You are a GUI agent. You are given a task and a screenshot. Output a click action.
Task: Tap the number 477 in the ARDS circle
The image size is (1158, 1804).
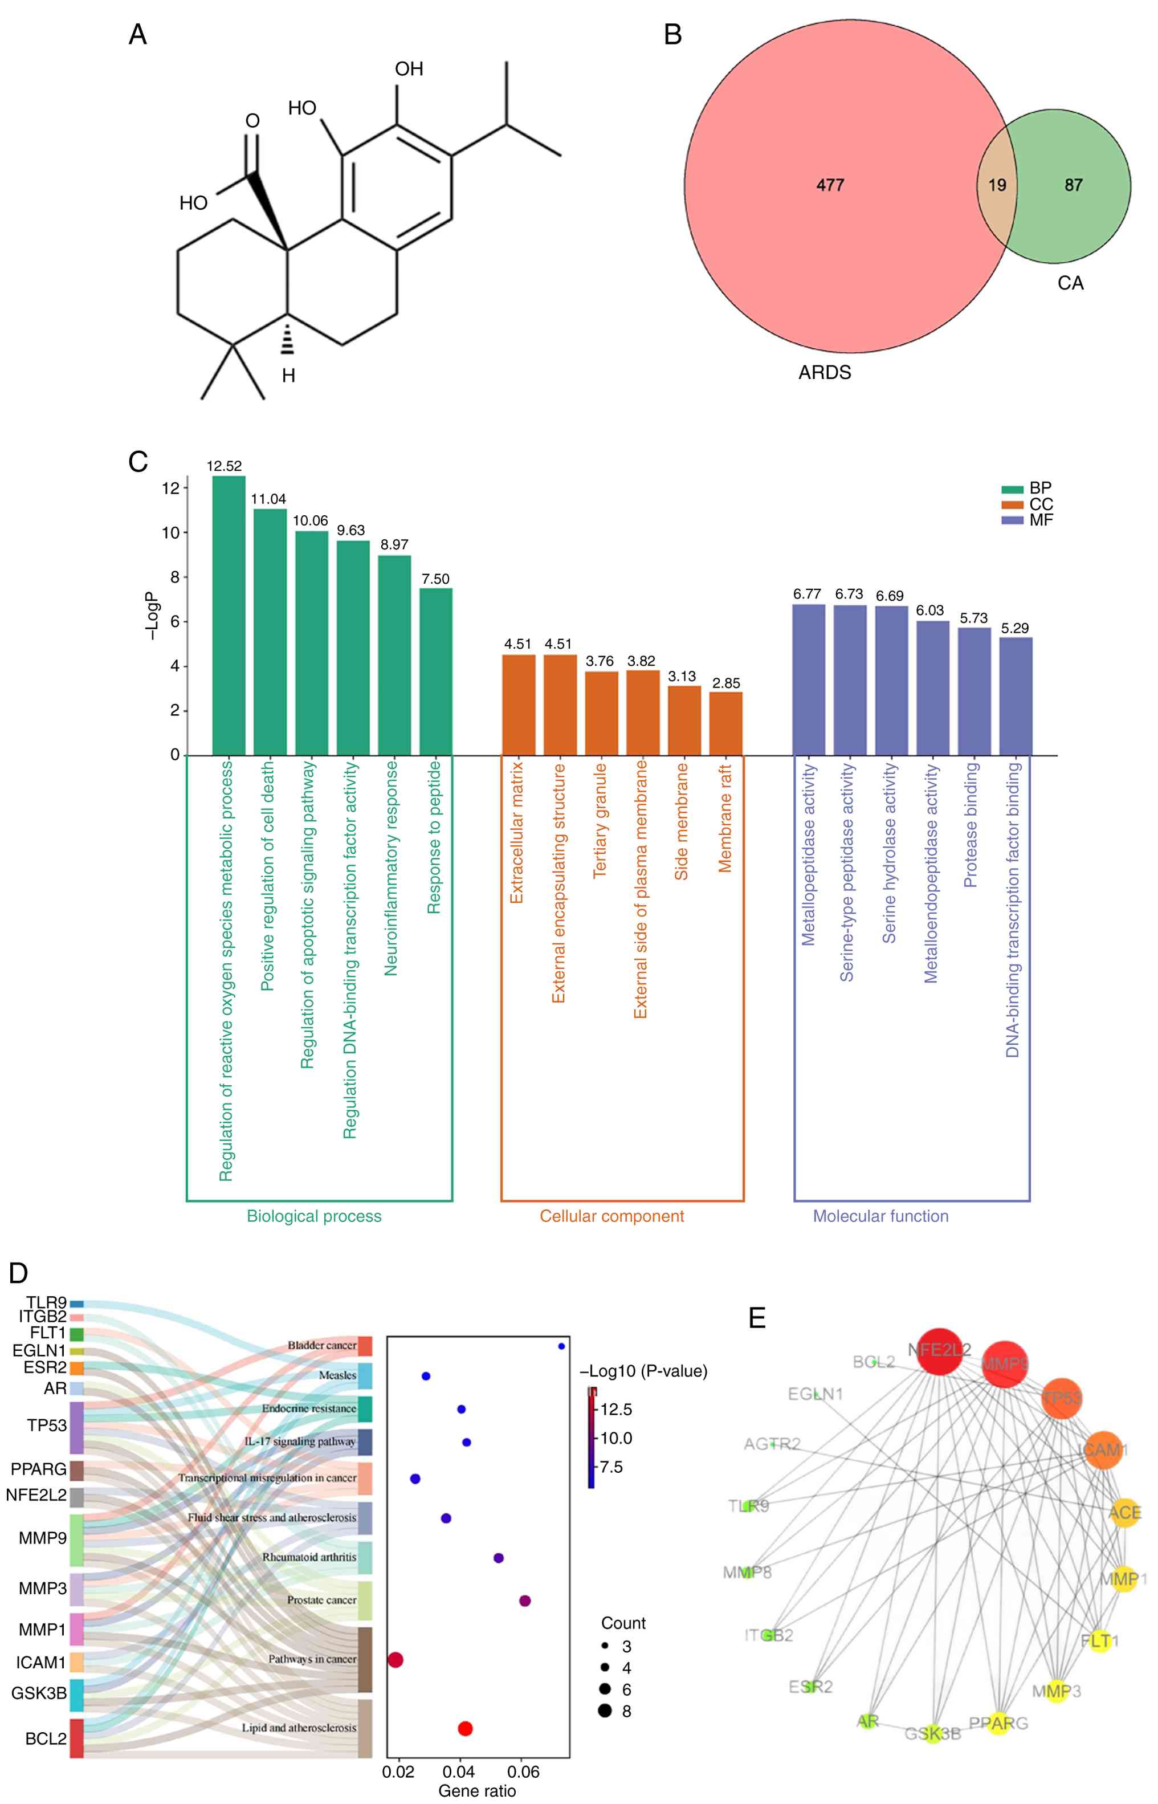click(830, 185)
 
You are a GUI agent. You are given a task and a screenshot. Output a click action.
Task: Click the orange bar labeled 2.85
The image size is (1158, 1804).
click(725, 723)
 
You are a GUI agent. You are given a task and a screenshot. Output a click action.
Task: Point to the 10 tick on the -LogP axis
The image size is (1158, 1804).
click(172, 532)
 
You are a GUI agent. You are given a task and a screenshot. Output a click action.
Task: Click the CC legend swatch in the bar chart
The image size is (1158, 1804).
click(1012, 504)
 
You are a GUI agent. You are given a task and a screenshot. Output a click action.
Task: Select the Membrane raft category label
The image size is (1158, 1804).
click(725, 818)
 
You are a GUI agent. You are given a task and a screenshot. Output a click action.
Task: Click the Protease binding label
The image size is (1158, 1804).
click(972, 824)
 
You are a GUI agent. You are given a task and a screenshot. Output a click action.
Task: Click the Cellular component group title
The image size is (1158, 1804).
click(611, 1216)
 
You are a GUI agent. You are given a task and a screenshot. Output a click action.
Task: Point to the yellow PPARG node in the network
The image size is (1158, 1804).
click(998, 1723)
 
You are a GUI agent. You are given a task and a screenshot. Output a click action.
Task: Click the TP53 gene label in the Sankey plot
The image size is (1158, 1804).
click(47, 1426)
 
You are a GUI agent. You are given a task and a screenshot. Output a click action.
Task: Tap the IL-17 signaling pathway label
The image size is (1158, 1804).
click(299, 1441)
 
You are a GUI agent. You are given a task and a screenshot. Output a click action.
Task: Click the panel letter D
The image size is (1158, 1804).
click(18, 1273)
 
